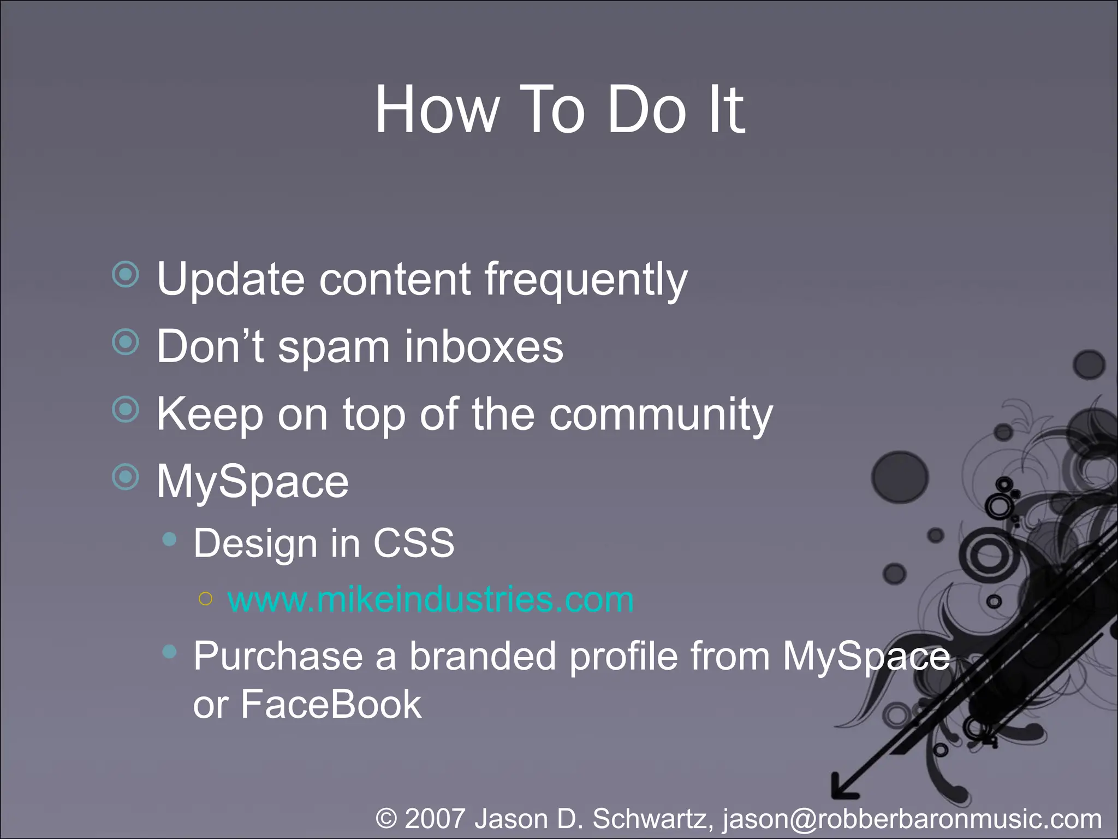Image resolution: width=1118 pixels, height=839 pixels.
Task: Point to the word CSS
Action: point(413,543)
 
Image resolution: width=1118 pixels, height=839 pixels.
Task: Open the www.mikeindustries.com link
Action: point(430,600)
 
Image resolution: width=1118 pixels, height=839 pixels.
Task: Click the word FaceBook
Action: point(331,704)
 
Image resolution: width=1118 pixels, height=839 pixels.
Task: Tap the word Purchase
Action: point(278,656)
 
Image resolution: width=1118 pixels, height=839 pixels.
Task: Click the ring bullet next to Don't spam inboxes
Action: point(126,342)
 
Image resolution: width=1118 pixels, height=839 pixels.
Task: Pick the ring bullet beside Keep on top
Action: point(126,409)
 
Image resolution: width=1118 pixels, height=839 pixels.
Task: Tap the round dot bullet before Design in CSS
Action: point(170,540)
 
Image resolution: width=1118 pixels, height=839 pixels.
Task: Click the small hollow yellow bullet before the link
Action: point(205,599)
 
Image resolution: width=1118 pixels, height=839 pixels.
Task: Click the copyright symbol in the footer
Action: point(386,819)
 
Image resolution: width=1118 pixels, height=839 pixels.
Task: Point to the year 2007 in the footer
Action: point(435,819)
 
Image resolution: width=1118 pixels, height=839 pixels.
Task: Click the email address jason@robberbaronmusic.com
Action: point(912,819)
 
